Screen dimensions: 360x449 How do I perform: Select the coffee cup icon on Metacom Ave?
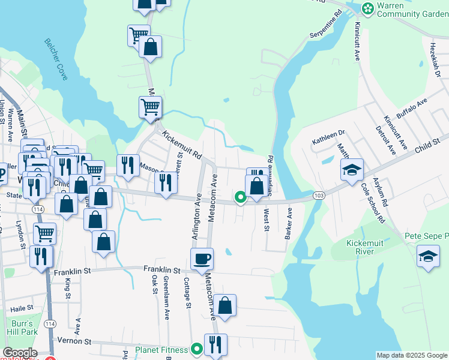coord(202,259)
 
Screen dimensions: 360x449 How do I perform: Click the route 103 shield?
coord(319,196)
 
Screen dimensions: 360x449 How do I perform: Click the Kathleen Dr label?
coord(328,138)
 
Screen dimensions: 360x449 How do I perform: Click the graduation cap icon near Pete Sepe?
coord(428,256)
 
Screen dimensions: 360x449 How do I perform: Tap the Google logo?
coord(20,353)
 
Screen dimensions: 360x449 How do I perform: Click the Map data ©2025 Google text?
coord(411,355)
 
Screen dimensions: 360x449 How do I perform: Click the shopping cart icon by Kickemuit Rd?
coord(150,107)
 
